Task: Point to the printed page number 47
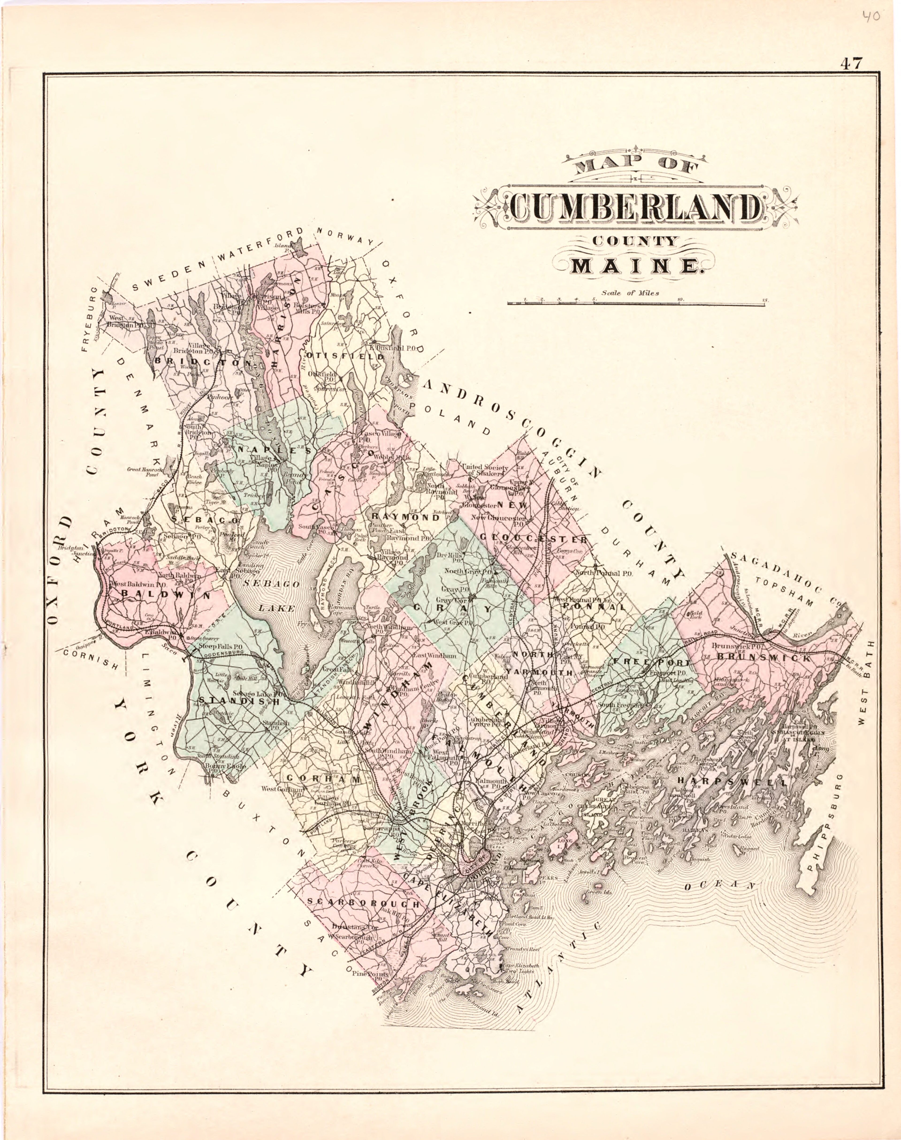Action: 851,63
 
